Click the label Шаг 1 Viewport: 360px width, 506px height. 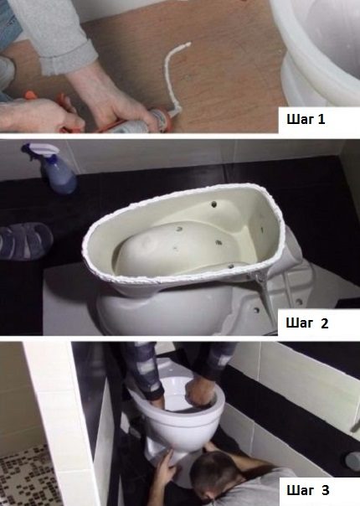click(306, 120)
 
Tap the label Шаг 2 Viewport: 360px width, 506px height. click(307, 323)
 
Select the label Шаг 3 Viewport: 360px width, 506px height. click(308, 490)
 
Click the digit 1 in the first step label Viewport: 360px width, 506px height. click(321, 120)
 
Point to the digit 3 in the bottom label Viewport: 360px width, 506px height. click(326, 490)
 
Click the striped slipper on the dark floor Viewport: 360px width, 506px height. click(26, 241)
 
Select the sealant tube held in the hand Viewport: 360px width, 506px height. click(145, 121)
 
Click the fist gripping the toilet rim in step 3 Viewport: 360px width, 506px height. click(200, 394)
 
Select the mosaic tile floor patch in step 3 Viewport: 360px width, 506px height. click(26, 478)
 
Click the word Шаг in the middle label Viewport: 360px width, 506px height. click(299, 323)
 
